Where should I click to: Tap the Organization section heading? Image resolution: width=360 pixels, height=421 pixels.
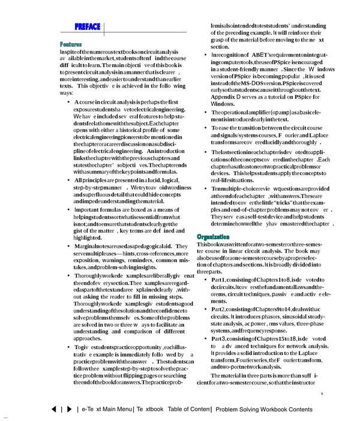coord(214,238)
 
